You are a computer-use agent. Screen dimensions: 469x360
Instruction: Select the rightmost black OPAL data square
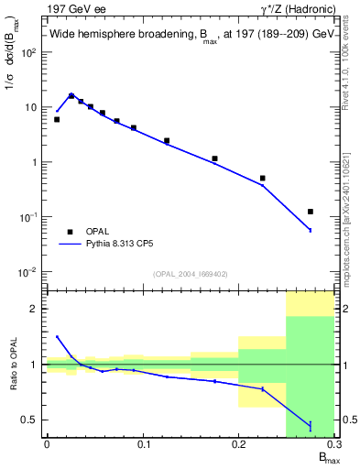(x=311, y=212)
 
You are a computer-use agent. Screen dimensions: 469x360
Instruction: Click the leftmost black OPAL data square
(x=57, y=119)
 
